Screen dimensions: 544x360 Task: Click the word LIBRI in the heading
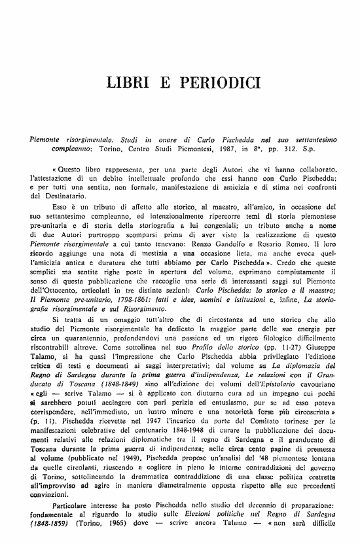(128, 83)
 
